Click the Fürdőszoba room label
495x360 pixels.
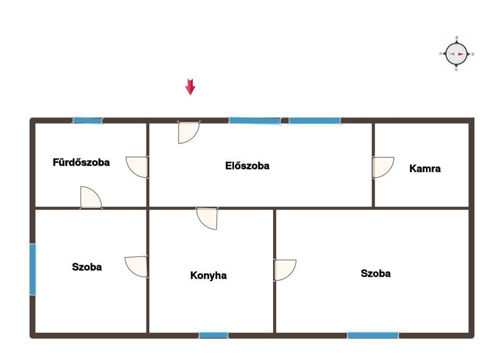pyautogui.click(x=81, y=162)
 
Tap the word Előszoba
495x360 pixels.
pyautogui.click(x=247, y=166)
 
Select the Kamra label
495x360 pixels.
pyautogui.click(x=425, y=169)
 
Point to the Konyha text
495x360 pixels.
pyautogui.click(x=208, y=275)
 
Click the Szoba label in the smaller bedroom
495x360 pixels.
pyautogui.click(x=87, y=267)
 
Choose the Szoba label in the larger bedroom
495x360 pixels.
pyautogui.click(x=376, y=273)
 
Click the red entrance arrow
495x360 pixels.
pyautogui.click(x=190, y=87)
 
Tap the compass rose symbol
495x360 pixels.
pyautogui.click(x=456, y=54)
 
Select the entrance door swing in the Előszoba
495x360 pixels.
pyautogui.click(x=189, y=132)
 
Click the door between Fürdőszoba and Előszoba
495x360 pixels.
pyautogui.click(x=137, y=167)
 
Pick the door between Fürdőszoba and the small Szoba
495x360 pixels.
pyautogui.click(x=91, y=198)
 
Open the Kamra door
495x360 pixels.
pyautogui.click(x=383, y=168)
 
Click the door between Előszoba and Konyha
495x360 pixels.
pyautogui.click(x=207, y=218)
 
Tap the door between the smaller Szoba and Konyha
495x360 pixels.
pyautogui.click(x=136, y=267)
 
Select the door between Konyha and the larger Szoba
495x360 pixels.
pyautogui.click(x=285, y=270)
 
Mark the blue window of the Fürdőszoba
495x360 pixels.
pyautogui.click(x=87, y=120)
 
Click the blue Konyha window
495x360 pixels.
pyautogui.click(x=213, y=335)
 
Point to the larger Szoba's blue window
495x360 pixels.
pyautogui.click(x=373, y=335)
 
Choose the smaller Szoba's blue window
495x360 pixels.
pyautogui.click(x=32, y=270)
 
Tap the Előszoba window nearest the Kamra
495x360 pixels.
pyautogui.click(x=315, y=120)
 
